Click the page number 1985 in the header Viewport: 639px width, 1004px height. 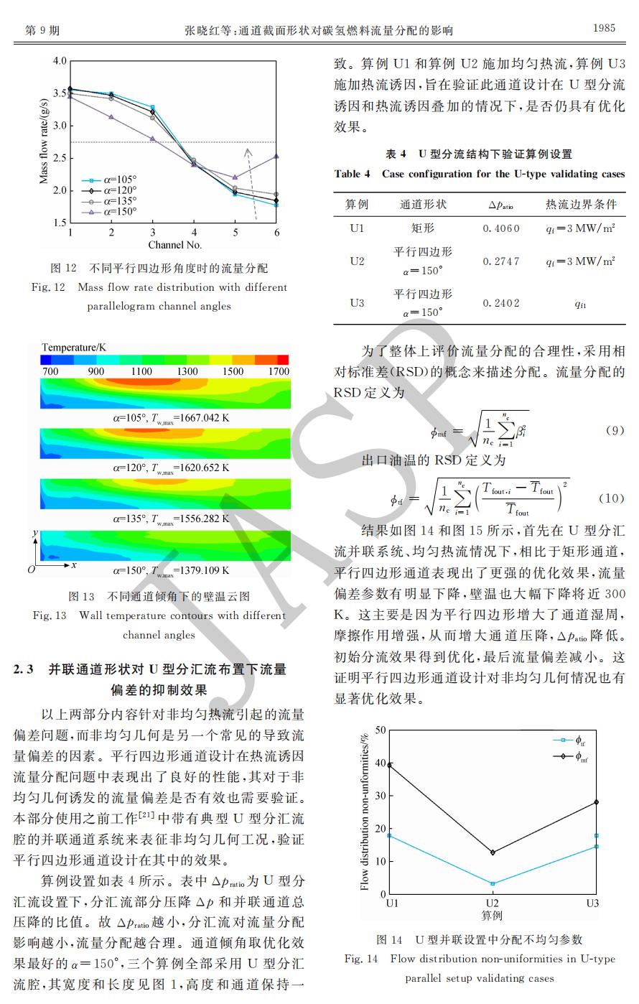(x=604, y=28)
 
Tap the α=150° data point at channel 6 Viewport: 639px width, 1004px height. (x=277, y=156)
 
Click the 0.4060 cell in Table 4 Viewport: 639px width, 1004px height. (x=501, y=228)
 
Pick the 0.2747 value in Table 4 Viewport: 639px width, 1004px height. (x=501, y=261)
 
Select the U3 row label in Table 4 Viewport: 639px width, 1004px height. (x=357, y=303)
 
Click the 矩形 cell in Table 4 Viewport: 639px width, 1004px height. (x=423, y=228)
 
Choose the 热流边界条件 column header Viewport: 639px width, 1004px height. (x=581, y=205)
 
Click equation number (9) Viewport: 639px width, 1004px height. (x=615, y=431)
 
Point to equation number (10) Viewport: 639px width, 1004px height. (x=612, y=498)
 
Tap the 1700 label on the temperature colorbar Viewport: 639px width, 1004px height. (x=279, y=371)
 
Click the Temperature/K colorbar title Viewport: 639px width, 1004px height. (x=74, y=348)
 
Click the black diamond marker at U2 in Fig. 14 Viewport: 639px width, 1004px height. (x=492, y=852)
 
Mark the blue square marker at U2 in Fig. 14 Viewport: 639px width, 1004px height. (x=492, y=883)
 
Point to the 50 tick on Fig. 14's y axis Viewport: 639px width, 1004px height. (x=380, y=730)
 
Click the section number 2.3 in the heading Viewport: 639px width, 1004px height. (x=24, y=669)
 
